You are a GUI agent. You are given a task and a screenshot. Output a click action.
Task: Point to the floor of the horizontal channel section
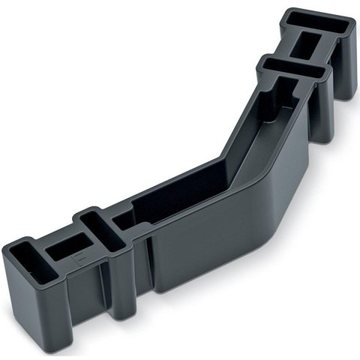tap(180, 199)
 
